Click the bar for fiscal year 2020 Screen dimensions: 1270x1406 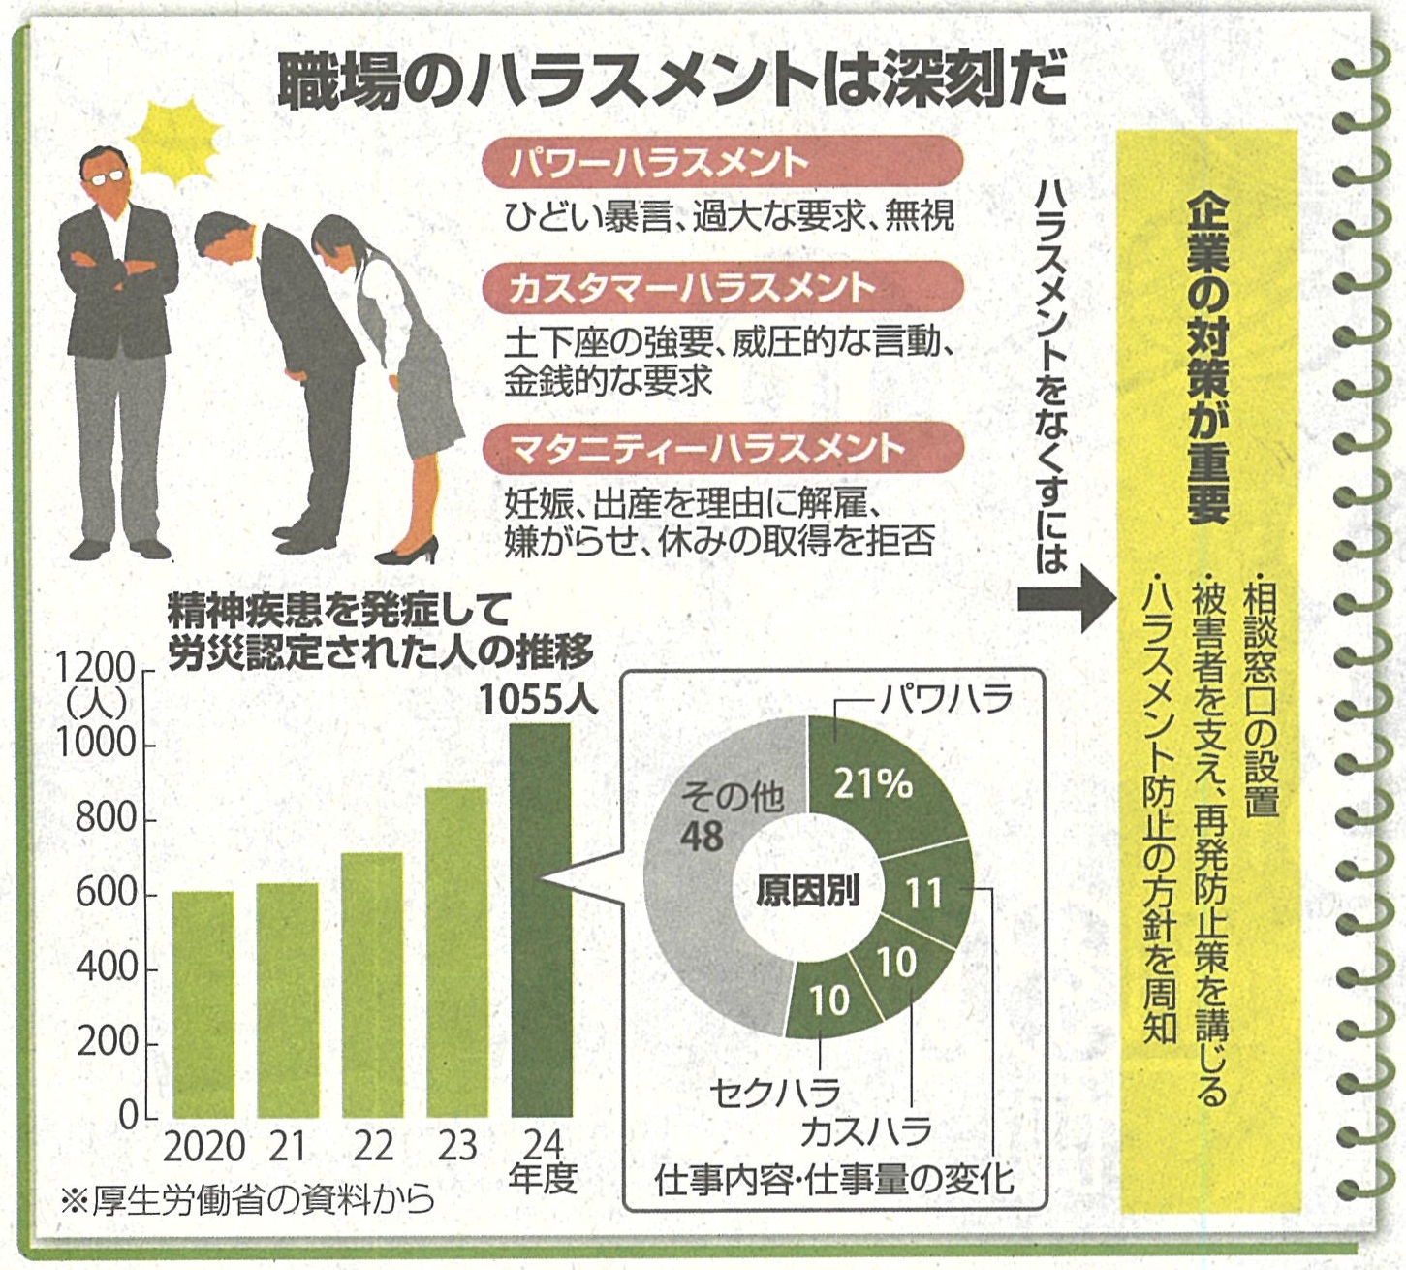203,1003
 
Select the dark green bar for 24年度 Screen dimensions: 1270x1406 541,921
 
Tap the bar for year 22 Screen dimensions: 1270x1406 372,984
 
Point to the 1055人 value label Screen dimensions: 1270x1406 541,700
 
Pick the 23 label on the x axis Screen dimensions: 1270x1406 456,1146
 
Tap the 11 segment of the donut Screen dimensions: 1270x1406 925,892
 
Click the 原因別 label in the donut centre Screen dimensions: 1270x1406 808,891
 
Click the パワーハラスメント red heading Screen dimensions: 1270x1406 722,162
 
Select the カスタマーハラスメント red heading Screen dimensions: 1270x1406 722,288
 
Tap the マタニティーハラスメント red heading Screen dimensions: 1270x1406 722,449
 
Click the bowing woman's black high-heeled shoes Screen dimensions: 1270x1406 407,555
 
